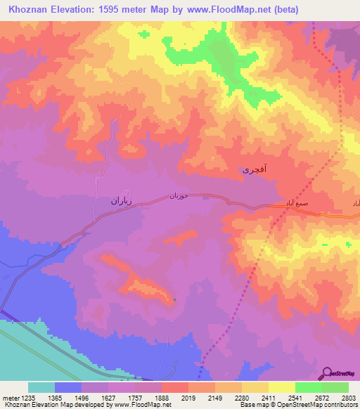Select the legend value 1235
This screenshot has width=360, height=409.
27,398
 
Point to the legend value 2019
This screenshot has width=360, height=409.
188,398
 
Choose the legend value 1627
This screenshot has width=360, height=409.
108,398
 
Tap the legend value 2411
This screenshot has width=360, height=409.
268,398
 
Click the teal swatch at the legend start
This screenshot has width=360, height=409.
41,387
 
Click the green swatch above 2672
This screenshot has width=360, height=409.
308,387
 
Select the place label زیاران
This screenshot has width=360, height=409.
110,200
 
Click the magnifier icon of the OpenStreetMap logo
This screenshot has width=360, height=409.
328,374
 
